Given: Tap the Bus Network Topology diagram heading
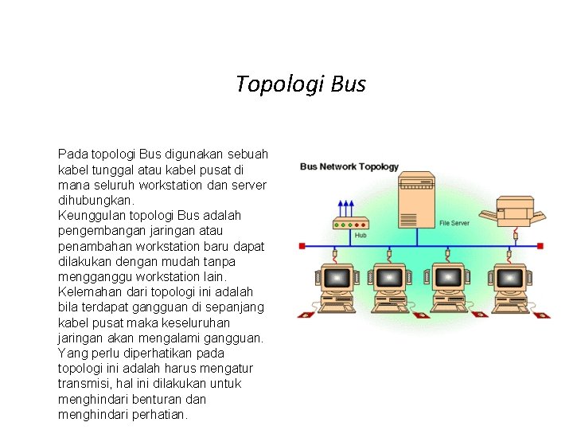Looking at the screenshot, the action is click(x=349, y=167).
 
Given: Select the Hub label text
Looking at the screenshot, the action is click(x=361, y=236).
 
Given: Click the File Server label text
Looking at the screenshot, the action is click(x=454, y=223).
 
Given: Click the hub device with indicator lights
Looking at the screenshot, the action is click(x=350, y=224).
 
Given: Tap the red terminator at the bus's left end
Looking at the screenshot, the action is click(x=302, y=247).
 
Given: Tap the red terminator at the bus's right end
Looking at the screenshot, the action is click(x=540, y=247).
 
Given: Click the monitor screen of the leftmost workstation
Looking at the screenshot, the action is click(x=337, y=277).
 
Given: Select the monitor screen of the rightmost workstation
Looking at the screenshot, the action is click(x=509, y=277).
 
